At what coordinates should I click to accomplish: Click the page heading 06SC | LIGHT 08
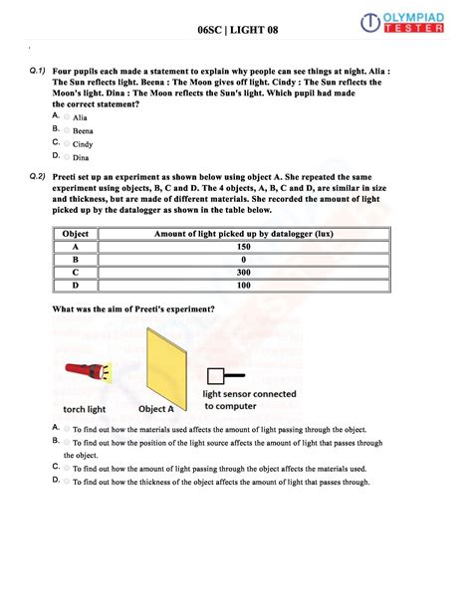[237, 31]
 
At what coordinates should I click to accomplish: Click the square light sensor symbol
[215, 376]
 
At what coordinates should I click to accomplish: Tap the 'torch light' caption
[86, 408]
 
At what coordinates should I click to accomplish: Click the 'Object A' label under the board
[156, 408]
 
